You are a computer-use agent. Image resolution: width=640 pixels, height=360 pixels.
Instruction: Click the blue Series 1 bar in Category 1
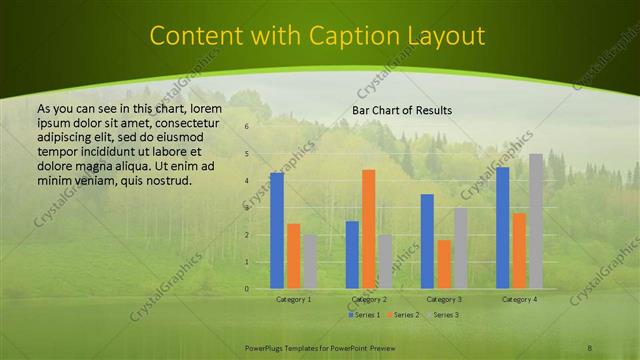pyautogui.click(x=277, y=230)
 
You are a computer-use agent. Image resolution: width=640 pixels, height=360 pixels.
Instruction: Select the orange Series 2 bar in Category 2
pyautogui.click(x=368, y=228)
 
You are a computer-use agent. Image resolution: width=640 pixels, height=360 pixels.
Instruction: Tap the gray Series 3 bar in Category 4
pyautogui.click(x=536, y=221)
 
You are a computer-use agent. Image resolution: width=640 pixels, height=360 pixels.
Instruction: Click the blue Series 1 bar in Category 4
pyautogui.click(x=502, y=227)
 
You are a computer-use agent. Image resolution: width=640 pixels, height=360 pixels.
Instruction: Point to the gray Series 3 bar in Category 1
pyautogui.click(x=310, y=261)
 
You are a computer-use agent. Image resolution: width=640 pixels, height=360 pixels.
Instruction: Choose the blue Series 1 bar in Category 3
pyautogui.click(x=427, y=241)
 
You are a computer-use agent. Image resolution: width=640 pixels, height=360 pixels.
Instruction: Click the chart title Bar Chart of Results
pyautogui.click(x=402, y=110)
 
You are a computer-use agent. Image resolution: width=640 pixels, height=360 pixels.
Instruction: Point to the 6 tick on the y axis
pyautogui.click(x=245, y=127)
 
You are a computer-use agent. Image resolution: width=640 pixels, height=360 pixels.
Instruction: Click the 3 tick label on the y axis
pyautogui.click(x=245, y=208)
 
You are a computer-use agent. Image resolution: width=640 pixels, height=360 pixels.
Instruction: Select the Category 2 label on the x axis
pyautogui.click(x=368, y=299)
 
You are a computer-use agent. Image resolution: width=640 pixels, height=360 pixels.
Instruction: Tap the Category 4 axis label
pyautogui.click(x=519, y=299)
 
